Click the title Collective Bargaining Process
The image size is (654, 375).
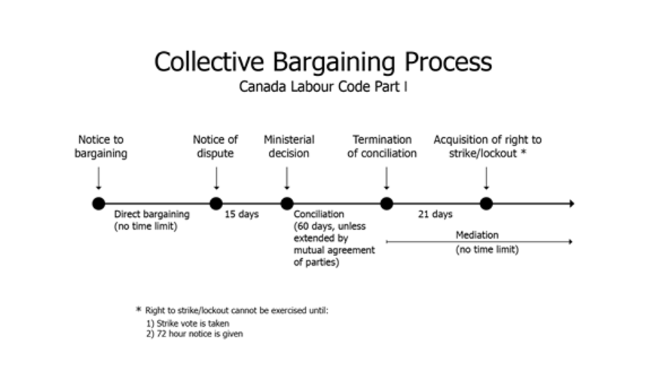(x=323, y=62)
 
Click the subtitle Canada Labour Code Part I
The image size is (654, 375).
(x=323, y=87)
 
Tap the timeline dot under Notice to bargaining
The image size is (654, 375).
(x=99, y=204)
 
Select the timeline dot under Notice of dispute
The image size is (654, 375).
(x=216, y=204)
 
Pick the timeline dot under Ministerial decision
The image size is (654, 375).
(x=287, y=204)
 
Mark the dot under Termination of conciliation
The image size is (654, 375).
(x=387, y=204)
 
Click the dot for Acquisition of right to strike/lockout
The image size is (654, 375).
(x=486, y=204)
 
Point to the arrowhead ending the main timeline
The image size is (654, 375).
(x=573, y=204)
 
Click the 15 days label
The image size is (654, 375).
(x=242, y=214)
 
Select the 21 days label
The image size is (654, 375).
(x=435, y=214)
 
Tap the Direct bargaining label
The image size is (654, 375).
(x=152, y=214)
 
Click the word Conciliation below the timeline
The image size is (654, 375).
(x=319, y=214)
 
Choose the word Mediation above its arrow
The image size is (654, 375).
(x=477, y=235)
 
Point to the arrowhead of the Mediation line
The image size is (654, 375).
(x=570, y=242)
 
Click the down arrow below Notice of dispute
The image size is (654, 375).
(x=216, y=178)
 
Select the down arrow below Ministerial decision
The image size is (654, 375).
(x=287, y=178)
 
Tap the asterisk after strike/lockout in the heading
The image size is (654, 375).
(x=524, y=153)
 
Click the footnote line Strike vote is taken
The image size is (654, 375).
(x=188, y=323)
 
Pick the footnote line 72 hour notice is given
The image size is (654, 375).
(x=194, y=334)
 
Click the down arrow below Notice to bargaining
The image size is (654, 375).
(x=99, y=178)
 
